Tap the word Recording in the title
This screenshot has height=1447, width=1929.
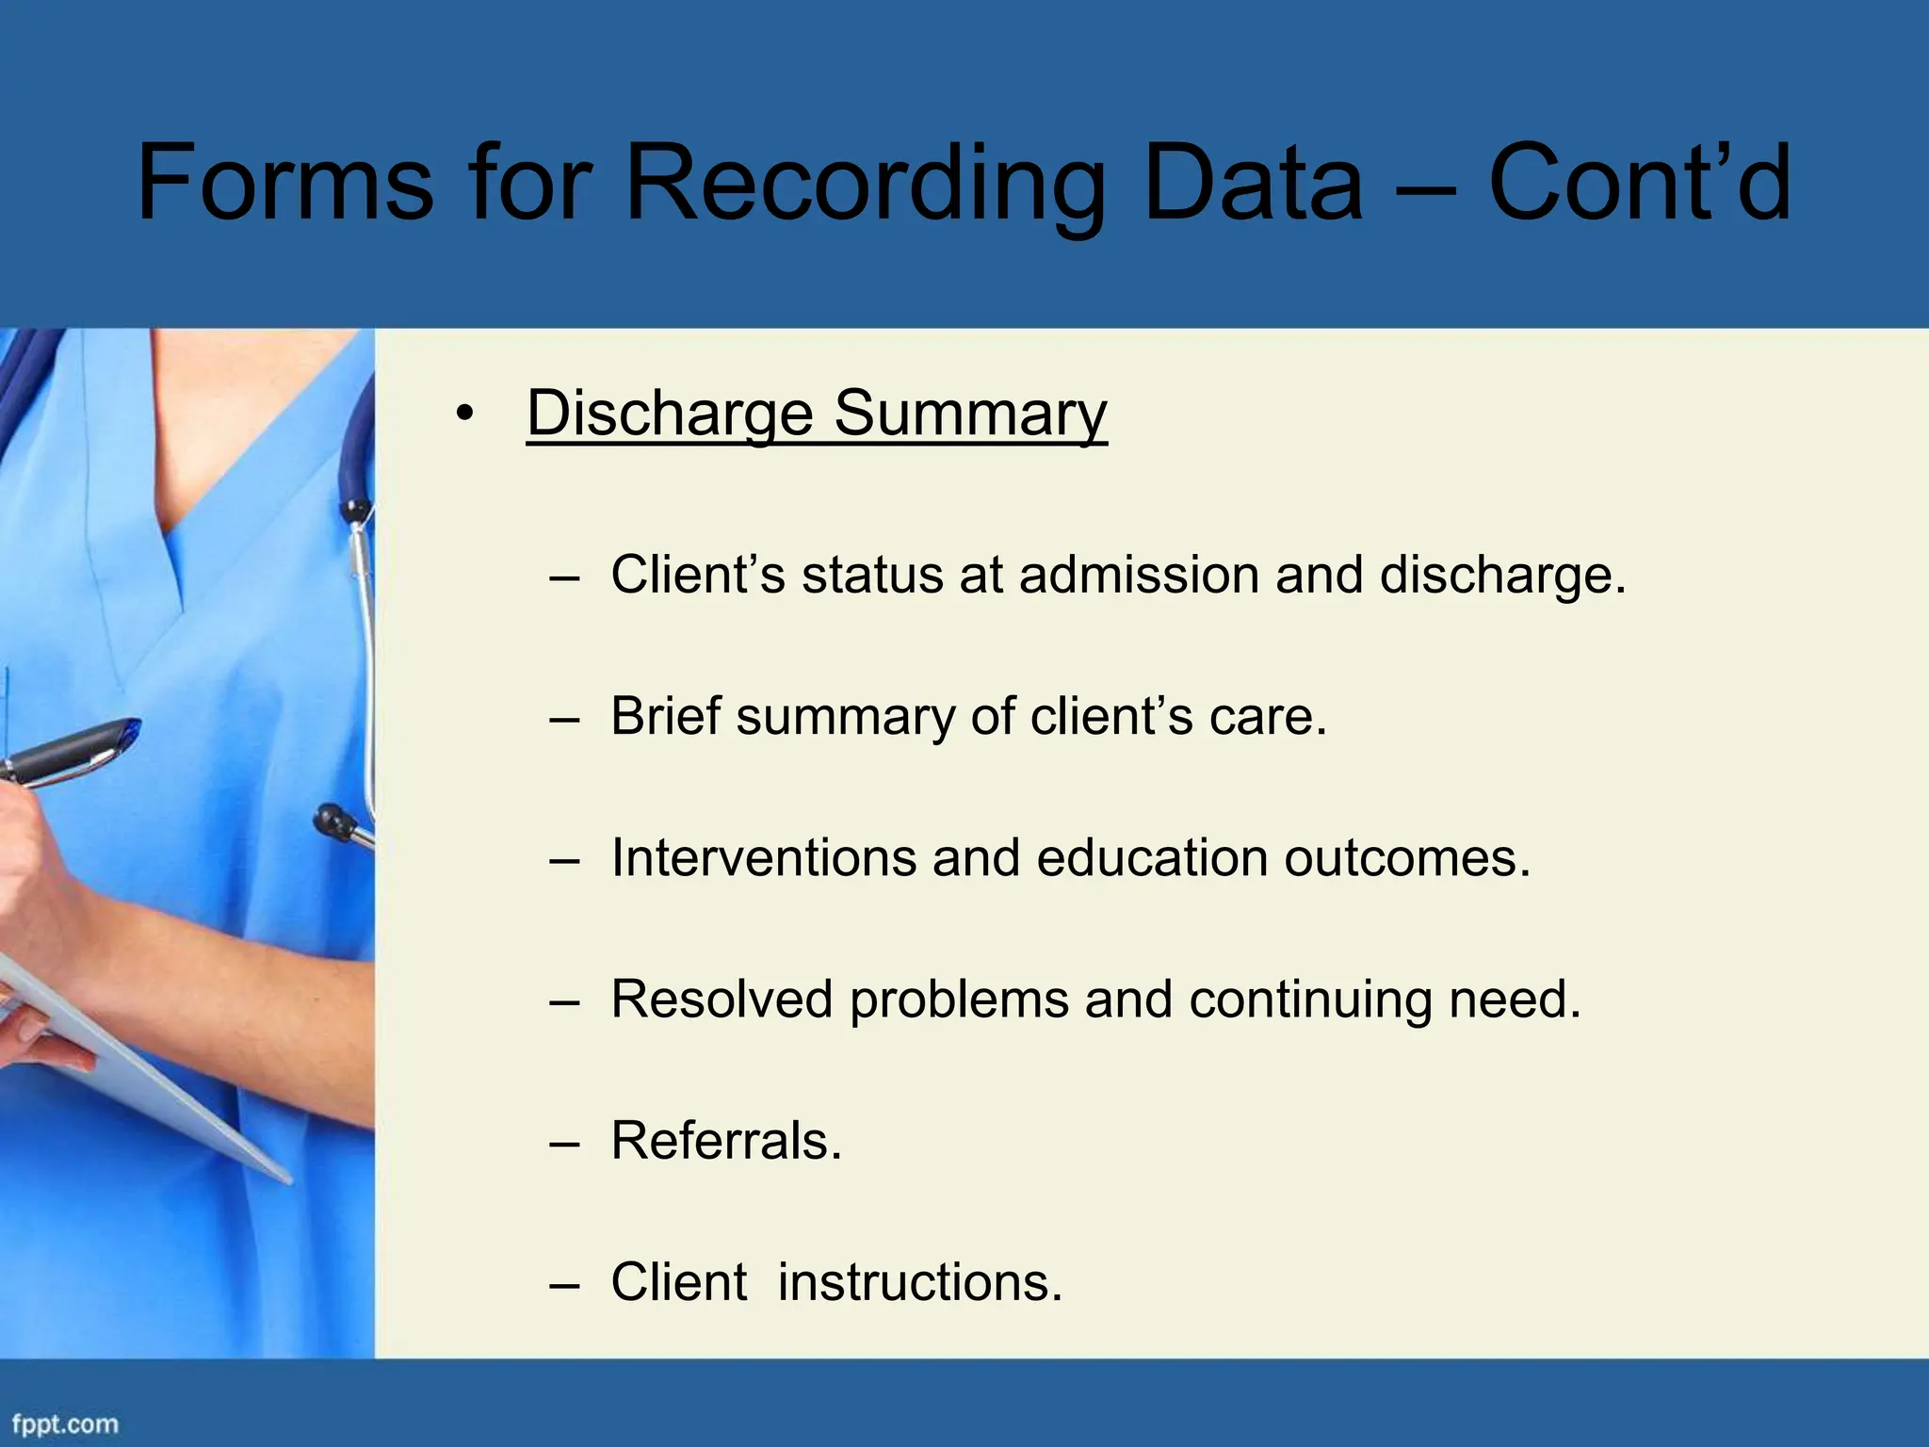tap(865, 184)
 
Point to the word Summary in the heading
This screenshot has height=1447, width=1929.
tap(970, 415)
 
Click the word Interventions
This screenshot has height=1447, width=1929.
tap(763, 858)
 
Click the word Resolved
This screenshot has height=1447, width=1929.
tap(721, 1000)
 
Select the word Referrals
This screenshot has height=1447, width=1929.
tap(725, 1141)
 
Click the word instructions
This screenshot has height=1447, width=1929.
tap(919, 1282)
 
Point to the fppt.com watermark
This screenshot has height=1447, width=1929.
tap(65, 1423)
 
